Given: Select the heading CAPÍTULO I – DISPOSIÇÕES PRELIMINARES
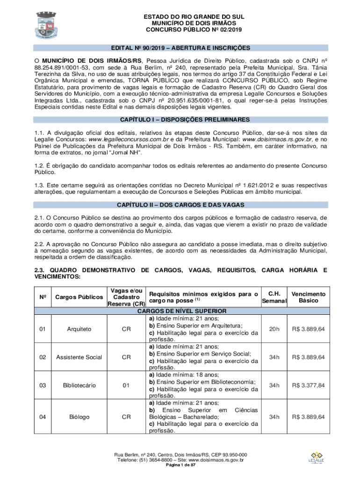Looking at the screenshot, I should [x=180, y=119].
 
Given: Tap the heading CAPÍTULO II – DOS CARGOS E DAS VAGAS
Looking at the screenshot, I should [x=180, y=205].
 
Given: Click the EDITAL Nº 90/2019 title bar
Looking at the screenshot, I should [x=180, y=48].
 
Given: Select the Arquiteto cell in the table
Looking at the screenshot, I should [x=79, y=329].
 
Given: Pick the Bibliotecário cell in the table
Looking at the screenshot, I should [x=79, y=385].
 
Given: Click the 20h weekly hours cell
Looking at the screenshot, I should [x=274, y=329].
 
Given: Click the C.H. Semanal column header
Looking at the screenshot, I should [x=274, y=297].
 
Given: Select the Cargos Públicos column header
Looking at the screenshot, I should [x=79, y=297].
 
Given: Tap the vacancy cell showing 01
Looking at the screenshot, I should [x=126, y=385].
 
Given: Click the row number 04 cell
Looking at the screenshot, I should [x=43, y=417].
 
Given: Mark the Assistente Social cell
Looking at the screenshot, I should [x=79, y=357].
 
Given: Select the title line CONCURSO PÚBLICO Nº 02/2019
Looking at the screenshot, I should [x=194, y=29].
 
